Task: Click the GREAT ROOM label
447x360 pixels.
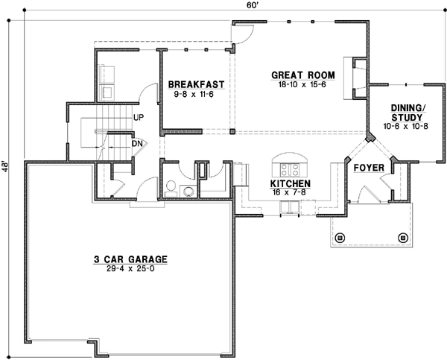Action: coord(302,75)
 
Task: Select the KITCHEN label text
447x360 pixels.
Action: coord(290,183)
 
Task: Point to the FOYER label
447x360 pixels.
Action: coord(368,168)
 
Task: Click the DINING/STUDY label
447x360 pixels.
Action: coord(409,113)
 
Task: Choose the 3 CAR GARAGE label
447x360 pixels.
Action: coord(130,259)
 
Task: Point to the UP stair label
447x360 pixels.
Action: coord(138,118)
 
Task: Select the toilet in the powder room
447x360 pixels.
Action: coord(171,187)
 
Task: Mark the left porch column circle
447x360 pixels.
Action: coord(341,239)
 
